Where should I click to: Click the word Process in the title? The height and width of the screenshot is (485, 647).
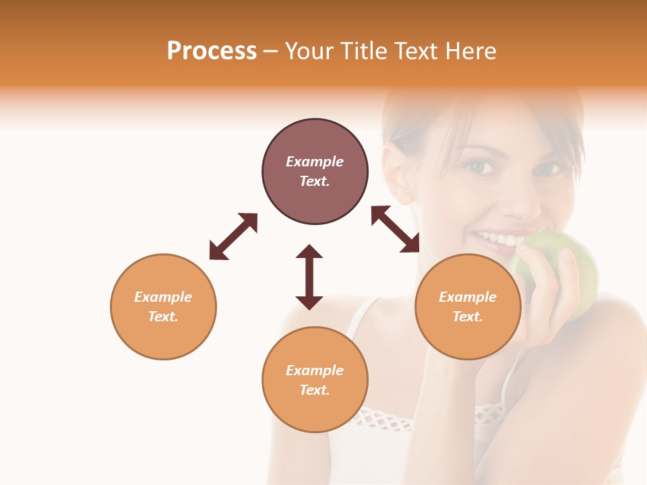tap(212, 51)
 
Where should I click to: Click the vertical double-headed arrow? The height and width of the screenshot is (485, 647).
tap(309, 277)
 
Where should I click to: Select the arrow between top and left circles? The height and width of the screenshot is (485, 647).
tap(233, 236)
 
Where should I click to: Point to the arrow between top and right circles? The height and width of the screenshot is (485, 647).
tap(396, 229)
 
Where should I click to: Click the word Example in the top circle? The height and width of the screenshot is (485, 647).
tap(315, 162)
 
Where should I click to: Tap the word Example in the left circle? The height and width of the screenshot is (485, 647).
tap(163, 297)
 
